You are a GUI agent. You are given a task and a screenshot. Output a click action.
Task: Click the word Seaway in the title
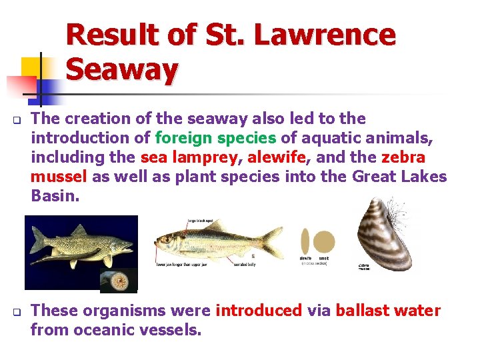122,68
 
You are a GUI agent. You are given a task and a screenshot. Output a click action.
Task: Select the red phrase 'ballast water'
388,310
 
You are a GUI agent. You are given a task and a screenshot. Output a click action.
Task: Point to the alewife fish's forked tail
272,241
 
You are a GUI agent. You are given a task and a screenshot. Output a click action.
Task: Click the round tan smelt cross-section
324,241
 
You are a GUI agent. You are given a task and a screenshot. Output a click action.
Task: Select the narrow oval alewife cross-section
305,241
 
